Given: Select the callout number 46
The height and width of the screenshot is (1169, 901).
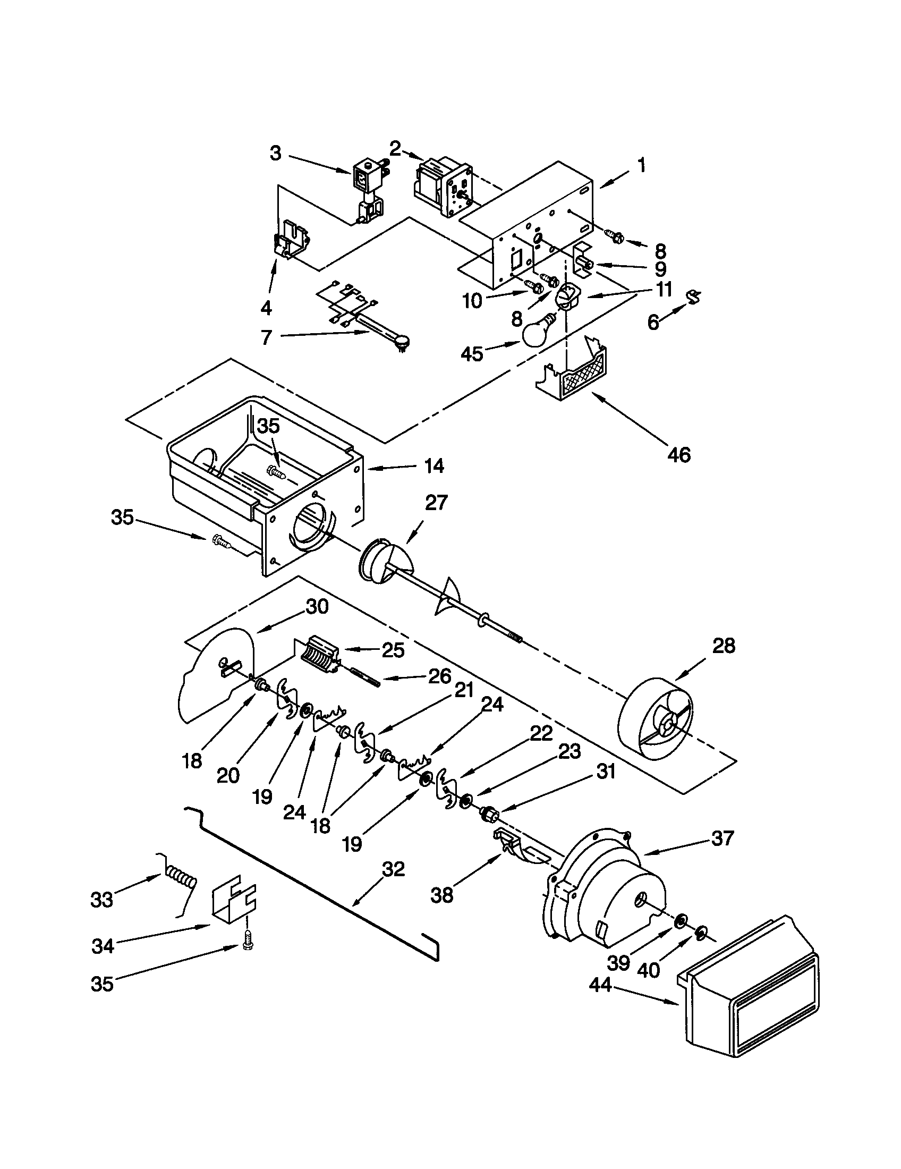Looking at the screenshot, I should click(x=679, y=454).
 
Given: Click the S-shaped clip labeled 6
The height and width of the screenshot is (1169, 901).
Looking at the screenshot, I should click(x=694, y=297).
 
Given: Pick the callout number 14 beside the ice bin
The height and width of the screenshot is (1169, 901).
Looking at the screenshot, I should click(x=433, y=466).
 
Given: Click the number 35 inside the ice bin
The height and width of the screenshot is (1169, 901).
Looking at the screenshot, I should click(x=269, y=426).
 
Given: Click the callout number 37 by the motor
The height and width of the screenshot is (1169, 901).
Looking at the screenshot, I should click(x=722, y=838).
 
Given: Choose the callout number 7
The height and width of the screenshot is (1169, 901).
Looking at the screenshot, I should click(x=267, y=337).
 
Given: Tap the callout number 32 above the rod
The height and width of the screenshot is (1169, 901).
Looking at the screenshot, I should click(x=393, y=869).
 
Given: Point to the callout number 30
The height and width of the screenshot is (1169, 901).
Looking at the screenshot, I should click(x=316, y=607).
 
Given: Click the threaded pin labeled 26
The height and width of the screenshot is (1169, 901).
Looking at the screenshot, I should click(x=365, y=677).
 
